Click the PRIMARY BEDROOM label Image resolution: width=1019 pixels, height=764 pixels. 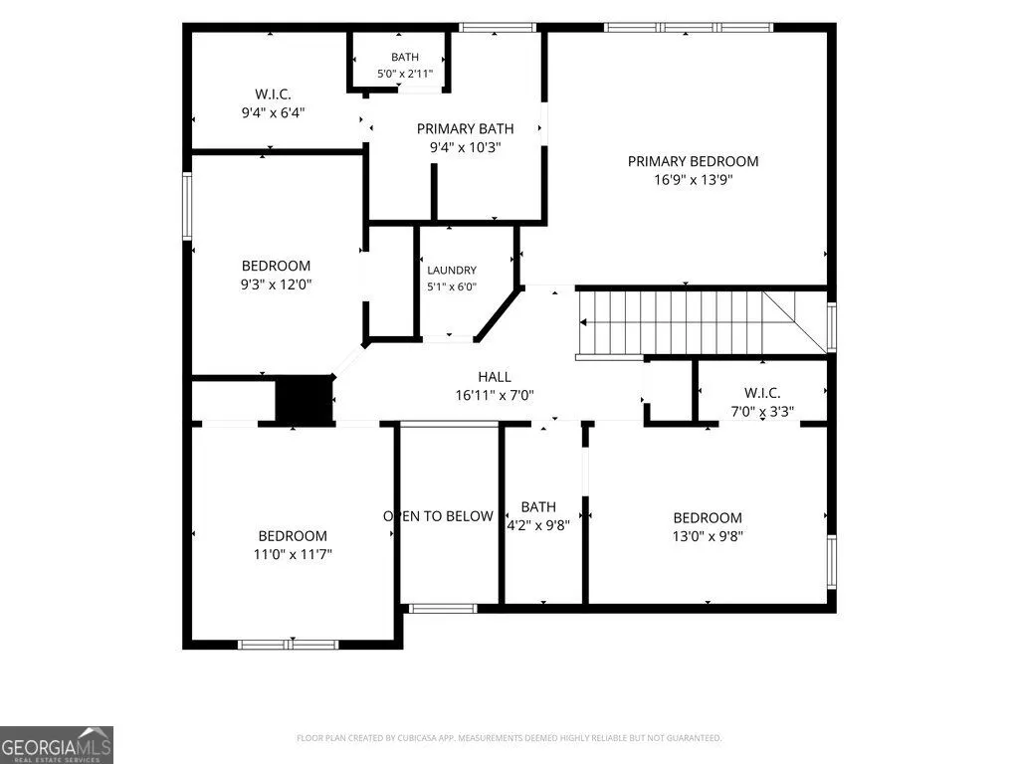click(693, 161)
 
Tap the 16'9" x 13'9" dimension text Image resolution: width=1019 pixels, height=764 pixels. click(693, 179)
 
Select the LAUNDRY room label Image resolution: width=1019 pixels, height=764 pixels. click(452, 271)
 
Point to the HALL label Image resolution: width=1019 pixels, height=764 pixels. click(495, 377)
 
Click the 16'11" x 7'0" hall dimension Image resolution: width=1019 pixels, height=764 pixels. click(495, 395)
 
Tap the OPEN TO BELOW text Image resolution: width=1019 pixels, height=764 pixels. click(438, 516)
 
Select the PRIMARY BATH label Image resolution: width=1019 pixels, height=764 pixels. click(466, 128)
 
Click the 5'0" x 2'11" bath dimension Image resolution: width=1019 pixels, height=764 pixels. click(405, 74)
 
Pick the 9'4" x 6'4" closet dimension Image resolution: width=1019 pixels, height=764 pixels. click(273, 113)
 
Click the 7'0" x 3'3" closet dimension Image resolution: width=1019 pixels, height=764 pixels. click(762, 411)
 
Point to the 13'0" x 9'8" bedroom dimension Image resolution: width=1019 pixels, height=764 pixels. click(708, 536)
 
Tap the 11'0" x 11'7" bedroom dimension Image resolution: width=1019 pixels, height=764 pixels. click(293, 554)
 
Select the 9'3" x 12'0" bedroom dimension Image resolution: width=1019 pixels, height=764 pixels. click(277, 284)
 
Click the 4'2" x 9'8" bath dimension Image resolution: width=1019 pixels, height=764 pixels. click(538, 525)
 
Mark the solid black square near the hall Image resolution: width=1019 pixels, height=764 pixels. click(305, 400)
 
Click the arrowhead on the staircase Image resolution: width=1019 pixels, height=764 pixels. click(583, 322)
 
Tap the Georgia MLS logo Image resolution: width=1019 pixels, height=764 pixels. click(57, 745)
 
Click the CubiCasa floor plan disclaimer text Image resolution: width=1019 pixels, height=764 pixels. click(509, 738)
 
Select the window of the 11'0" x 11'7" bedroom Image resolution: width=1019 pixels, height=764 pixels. click(288, 645)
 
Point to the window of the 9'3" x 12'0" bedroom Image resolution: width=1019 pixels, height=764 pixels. click(187, 207)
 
